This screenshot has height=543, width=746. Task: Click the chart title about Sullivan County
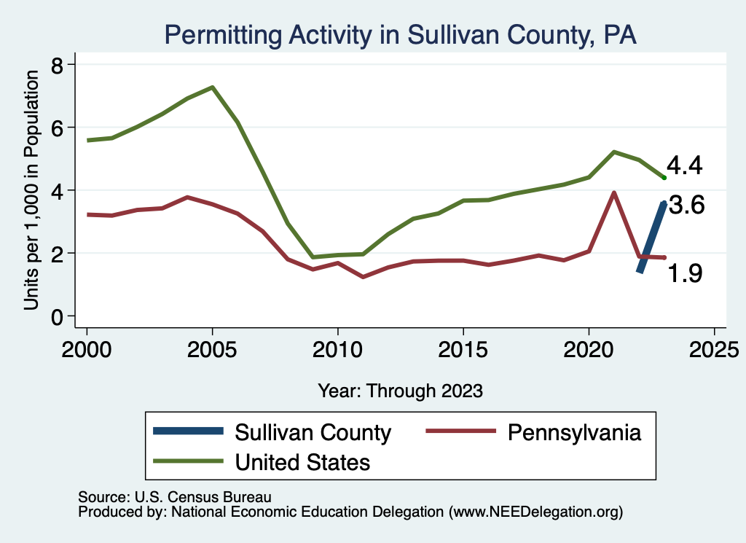[x=401, y=34]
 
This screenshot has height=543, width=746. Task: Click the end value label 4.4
[x=685, y=166]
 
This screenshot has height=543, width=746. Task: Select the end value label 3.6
[x=686, y=206]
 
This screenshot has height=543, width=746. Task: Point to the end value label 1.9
[x=685, y=273]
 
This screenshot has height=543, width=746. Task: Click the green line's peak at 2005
[x=212, y=87]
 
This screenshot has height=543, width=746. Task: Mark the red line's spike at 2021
[x=614, y=193]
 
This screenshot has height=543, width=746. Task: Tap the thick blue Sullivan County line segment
[x=651, y=237]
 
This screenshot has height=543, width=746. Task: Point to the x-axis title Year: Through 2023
[x=401, y=391]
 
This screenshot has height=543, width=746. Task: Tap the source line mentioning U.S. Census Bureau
[x=175, y=497]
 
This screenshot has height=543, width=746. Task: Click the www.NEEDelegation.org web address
[x=536, y=512]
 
